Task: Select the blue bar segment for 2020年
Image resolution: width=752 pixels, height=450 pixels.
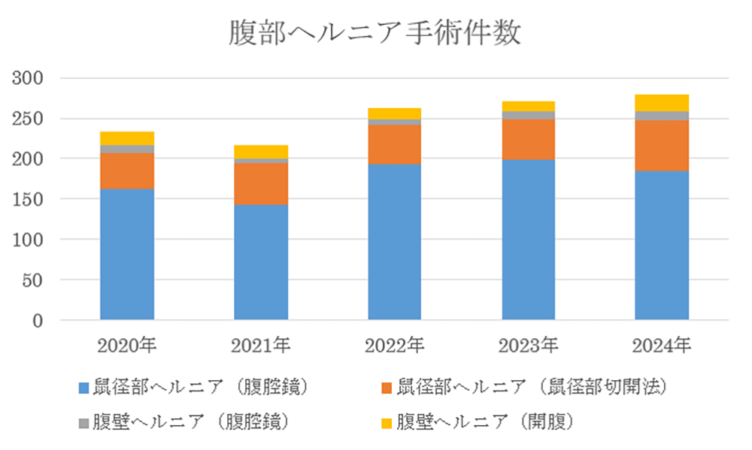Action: (x=127, y=254)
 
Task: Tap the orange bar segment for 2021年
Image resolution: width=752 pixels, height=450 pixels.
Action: (x=261, y=184)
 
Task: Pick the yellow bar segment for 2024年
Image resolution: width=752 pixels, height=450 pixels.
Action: (x=662, y=103)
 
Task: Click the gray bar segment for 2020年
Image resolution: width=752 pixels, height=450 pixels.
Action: (x=127, y=149)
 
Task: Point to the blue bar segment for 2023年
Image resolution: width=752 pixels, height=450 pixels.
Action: (x=529, y=240)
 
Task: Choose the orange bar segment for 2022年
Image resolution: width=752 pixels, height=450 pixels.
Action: (x=395, y=144)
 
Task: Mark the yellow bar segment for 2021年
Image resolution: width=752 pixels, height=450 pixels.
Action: (x=261, y=152)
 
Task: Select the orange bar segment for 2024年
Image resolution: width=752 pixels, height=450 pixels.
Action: (x=662, y=146)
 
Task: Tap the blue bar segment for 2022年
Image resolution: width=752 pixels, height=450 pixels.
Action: (x=395, y=242)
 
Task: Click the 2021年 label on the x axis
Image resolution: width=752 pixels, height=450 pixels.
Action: (x=261, y=346)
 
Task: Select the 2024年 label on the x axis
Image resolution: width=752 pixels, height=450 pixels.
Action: (x=662, y=346)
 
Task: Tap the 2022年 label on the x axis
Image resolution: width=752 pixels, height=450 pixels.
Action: (x=395, y=346)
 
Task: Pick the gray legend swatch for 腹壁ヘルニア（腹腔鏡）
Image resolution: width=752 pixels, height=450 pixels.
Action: (x=83, y=422)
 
